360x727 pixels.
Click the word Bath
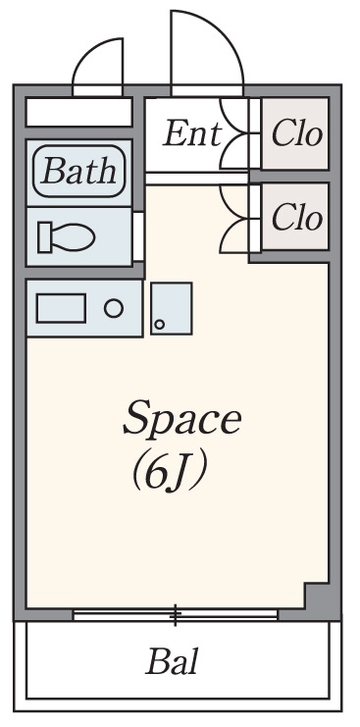pyautogui.click(x=78, y=171)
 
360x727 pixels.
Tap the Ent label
pyautogui.click(x=192, y=134)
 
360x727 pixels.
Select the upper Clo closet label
pyautogui.click(x=296, y=134)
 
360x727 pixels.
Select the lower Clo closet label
pyautogui.click(x=296, y=217)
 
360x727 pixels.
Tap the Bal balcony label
pyautogui.click(x=173, y=661)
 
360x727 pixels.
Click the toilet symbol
pyautogui.click(x=67, y=236)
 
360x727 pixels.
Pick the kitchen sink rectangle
pyautogui.click(x=61, y=308)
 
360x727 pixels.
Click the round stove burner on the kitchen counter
pyautogui.click(x=114, y=308)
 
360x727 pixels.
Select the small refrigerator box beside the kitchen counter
pyautogui.click(x=172, y=308)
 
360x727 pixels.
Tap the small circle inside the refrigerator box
pyautogui.click(x=159, y=325)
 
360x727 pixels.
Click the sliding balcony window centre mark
pyautogui.click(x=176, y=615)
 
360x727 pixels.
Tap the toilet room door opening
pyautogui.click(x=138, y=236)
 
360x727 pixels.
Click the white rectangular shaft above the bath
pyautogui.click(x=78, y=111)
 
